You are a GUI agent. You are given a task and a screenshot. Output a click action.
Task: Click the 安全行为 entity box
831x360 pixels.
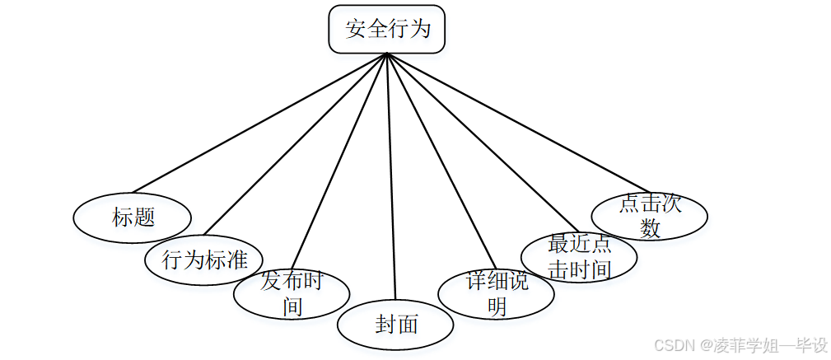click(x=387, y=30)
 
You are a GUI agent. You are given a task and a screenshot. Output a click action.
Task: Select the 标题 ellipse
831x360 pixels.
click(x=133, y=217)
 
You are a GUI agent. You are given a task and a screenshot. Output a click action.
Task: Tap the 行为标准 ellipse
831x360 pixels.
click(x=204, y=260)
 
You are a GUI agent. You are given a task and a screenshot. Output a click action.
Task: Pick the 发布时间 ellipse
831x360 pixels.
click(x=292, y=294)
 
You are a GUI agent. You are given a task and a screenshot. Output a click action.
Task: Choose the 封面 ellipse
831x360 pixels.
click(x=395, y=325)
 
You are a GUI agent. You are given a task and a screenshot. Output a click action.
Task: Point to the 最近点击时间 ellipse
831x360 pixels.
click(x=579, y=257)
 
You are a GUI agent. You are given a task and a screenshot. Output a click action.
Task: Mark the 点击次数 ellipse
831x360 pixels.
click(x=650, y=216)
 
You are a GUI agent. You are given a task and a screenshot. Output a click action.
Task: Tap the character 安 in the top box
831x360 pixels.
click(x=356, y=30)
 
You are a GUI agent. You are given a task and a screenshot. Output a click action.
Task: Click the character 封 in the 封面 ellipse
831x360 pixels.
click(x=385, y=325)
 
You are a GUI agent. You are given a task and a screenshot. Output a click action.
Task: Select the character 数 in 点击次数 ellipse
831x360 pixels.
click(x=650, y=227)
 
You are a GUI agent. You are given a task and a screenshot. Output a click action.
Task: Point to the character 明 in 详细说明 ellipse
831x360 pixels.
click(x=496, y=306)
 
